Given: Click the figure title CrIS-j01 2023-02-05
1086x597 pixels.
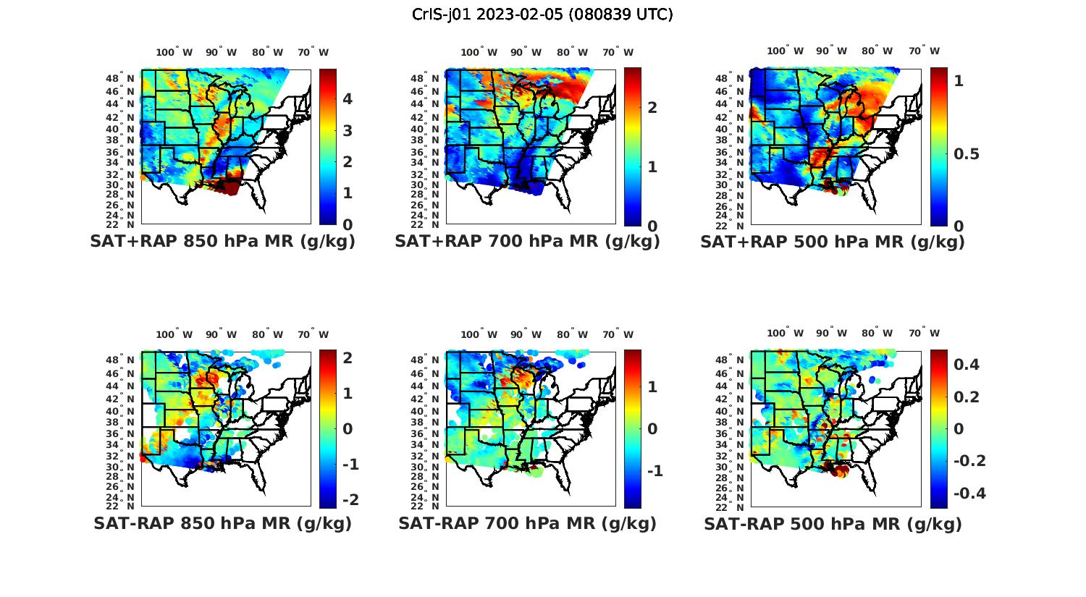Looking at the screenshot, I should point(542,14).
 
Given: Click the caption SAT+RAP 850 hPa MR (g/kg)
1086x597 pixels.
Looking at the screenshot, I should point(222,242).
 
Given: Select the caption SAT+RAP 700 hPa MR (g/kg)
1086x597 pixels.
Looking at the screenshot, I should point(527,242).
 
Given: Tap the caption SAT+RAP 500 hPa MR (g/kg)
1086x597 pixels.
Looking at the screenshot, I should point(833,242).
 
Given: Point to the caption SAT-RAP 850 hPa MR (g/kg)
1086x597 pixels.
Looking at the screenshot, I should point(222,523).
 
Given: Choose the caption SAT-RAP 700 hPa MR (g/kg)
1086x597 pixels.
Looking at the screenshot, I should point(527,523).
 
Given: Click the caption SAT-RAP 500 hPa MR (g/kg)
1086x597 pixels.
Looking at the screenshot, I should point(833,523).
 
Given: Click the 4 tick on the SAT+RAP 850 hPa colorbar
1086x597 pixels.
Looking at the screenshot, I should point(348,99).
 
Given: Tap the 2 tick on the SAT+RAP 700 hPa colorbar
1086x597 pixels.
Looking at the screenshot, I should point(652,107).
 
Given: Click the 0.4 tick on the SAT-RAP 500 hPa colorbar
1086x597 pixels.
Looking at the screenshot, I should point(967,364).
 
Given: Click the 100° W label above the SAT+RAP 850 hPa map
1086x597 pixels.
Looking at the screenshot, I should point(174,52).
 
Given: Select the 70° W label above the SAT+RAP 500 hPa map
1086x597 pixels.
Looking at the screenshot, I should point(925,51).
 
